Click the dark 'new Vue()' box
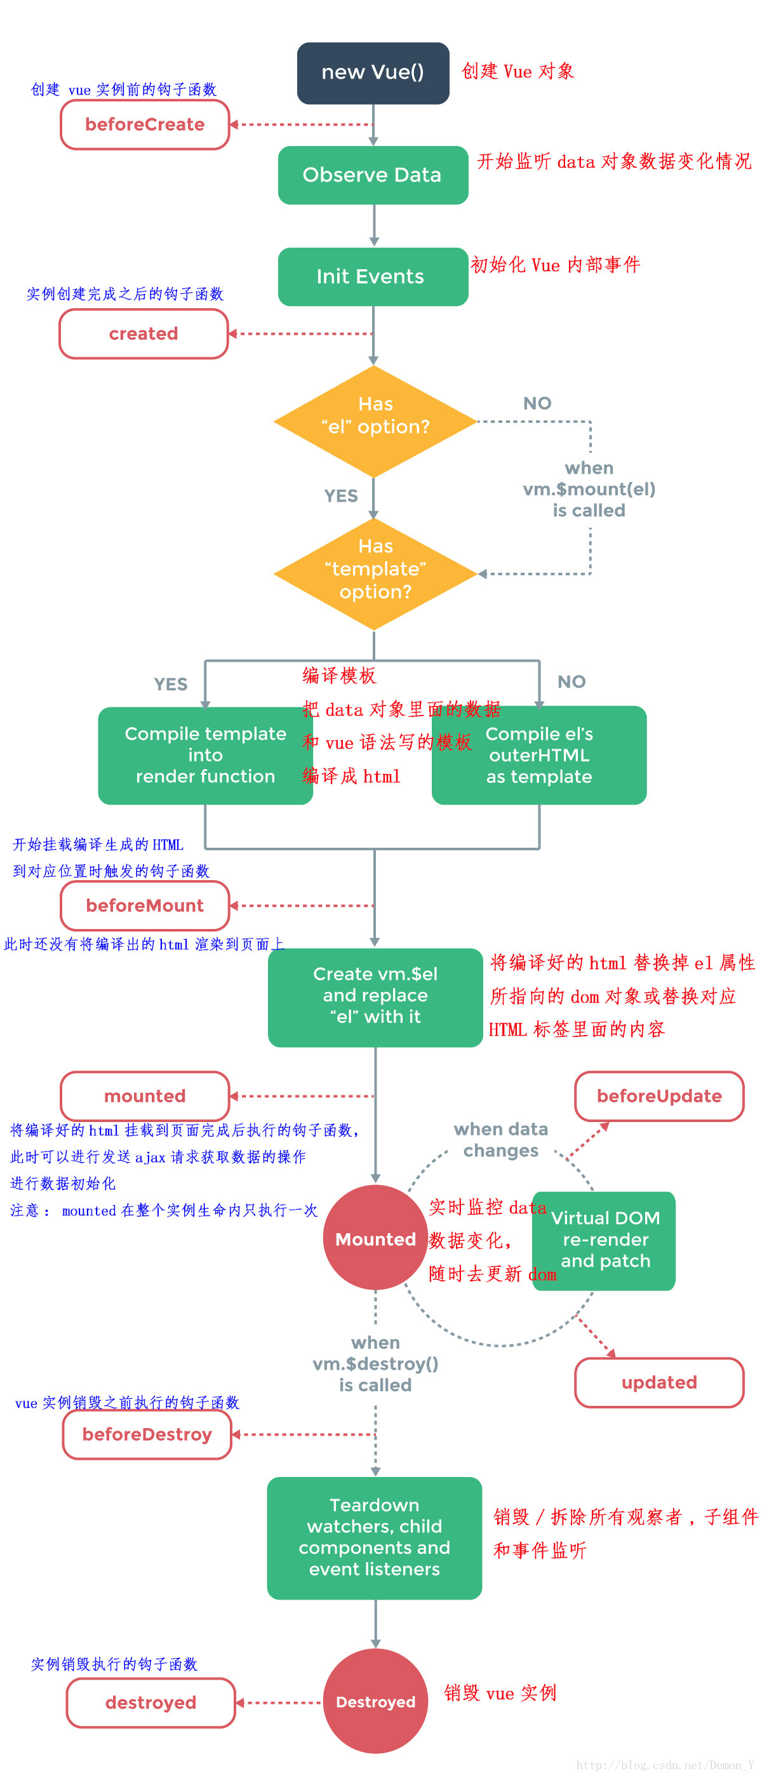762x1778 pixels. [373, 72]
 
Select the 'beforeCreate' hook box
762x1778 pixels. [145, 125]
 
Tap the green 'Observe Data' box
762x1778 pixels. [373, 175]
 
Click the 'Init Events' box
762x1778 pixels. [373, 276]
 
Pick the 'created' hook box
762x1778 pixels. [144, 333]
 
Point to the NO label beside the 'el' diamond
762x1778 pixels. [537, 403]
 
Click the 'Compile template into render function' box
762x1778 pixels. [205, 754]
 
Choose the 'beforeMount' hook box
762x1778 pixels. [145, 905]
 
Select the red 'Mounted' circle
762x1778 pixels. [375, 1239]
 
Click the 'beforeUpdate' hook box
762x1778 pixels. [659, 1095]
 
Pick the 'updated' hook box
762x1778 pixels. [659, 1382]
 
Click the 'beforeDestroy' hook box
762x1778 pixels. [147, 1434]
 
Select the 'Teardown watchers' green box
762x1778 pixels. [374, 1537]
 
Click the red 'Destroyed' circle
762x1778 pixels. [375, 1701]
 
